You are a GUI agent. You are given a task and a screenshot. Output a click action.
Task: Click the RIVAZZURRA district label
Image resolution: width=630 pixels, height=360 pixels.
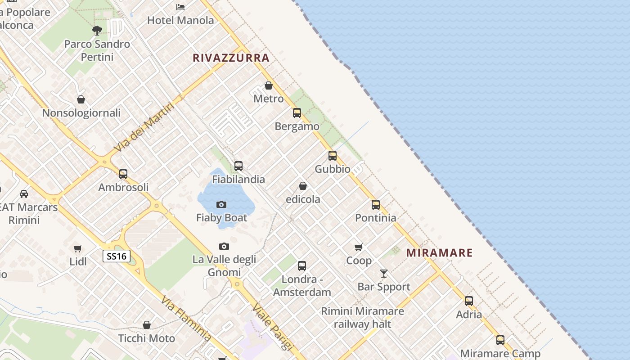231,58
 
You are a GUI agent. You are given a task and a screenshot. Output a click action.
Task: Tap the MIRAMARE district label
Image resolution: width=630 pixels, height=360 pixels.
439,252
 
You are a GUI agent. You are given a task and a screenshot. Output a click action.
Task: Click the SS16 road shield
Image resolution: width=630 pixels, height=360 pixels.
117,256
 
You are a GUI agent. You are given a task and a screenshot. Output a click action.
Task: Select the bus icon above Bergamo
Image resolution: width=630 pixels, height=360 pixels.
297,113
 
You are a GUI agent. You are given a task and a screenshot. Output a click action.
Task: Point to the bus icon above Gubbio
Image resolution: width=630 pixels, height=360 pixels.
333,156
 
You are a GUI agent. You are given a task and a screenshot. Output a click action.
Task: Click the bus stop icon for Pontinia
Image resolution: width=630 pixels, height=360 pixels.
376,205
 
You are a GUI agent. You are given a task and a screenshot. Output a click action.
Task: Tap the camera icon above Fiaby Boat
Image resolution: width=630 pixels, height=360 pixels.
221,205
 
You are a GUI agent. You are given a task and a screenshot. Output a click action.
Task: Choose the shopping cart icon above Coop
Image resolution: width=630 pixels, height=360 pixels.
359,247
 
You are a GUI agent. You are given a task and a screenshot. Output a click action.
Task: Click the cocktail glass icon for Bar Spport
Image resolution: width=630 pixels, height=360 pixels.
384,273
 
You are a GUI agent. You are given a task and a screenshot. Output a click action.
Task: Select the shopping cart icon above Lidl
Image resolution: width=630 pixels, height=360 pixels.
78,248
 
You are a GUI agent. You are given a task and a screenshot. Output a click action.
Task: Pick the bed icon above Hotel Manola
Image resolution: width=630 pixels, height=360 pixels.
180,7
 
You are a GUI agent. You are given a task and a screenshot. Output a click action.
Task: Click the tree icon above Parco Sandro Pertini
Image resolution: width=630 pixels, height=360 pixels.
97,31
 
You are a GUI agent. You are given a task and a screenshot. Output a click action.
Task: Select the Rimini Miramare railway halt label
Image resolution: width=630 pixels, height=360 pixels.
362,317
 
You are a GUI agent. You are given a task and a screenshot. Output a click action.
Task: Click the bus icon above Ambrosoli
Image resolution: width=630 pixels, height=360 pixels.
123,174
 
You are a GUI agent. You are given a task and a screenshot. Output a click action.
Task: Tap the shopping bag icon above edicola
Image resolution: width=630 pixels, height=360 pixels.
303,186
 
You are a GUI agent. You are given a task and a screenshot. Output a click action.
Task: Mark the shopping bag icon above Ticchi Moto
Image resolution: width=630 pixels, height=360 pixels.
147,325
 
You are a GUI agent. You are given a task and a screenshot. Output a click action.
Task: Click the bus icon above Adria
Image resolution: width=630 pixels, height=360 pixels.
469,301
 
